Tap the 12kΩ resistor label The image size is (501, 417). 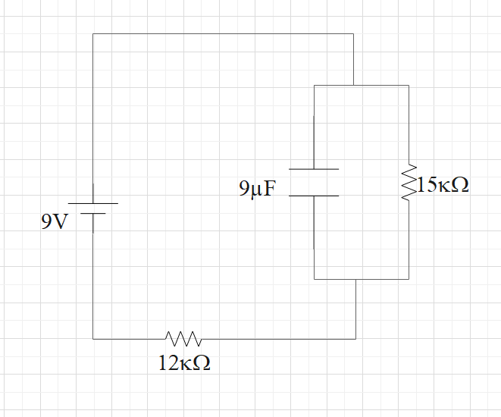[184, 363]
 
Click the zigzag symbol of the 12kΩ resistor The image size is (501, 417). [183, 337]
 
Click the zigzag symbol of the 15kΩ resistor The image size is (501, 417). [409, 182]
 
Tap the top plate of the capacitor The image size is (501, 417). [315, 169]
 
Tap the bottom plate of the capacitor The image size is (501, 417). [315, 196]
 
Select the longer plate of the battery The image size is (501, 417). [92, 203]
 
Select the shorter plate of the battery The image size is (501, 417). [92, 213]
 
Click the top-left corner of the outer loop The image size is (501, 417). [92, 34]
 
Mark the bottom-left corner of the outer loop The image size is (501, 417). [92, 338]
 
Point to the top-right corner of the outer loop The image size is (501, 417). [353, 34]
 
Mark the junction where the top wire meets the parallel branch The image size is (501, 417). [353, 86]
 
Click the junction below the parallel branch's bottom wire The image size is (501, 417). [355, 279]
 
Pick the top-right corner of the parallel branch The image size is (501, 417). [409, 86]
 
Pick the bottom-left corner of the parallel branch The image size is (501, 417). [315, 279]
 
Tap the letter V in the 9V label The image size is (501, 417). [61, 222]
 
